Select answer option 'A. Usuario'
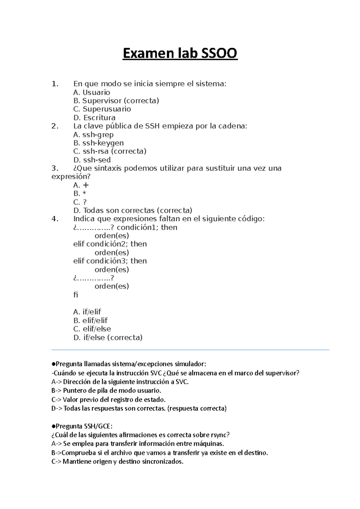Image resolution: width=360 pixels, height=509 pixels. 91,92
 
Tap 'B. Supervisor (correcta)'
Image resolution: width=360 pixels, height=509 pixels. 116,101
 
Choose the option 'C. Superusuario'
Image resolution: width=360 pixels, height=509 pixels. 102,109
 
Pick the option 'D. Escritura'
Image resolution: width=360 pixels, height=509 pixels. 94,118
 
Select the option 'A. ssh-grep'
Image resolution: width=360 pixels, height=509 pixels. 93,135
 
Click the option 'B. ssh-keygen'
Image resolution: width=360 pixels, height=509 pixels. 98,143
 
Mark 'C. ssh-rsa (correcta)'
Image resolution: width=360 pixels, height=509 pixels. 109,151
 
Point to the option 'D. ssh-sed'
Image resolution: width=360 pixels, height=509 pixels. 92,160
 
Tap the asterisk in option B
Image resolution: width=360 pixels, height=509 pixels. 84,194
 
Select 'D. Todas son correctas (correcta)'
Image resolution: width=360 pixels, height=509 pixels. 133,210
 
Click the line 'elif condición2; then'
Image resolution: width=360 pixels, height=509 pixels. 110,244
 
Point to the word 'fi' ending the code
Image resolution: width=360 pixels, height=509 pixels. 76,295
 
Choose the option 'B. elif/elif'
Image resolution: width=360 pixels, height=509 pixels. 90,320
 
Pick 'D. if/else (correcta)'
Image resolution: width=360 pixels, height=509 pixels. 108,338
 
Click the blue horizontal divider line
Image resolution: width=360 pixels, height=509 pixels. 190,350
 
